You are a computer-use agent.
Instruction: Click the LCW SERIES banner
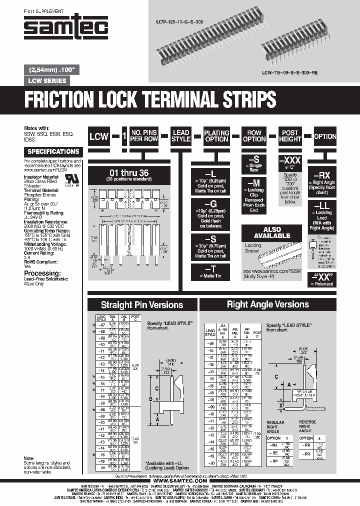(46, 80)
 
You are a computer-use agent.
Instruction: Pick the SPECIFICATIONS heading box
(53, 151)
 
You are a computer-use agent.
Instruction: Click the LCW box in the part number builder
(99, 136)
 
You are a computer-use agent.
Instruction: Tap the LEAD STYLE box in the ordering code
(181, 136)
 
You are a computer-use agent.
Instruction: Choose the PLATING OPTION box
(216, 136)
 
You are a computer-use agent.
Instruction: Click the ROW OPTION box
(254, 136)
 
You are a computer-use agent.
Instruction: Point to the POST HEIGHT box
(290, 136)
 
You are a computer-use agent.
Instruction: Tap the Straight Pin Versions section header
(142, 304)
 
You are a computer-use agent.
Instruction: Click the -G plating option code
(210, 204)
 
